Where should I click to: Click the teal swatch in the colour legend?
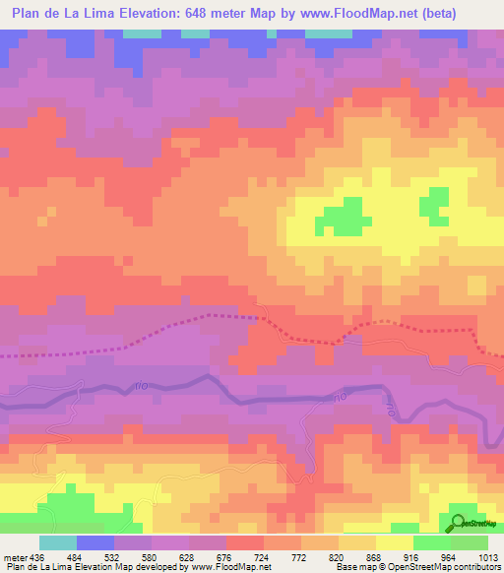click(x=57, y=542)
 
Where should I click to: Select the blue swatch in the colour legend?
click(x=94, y=542)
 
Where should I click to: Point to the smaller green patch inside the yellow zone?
click(x=432, y=203)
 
